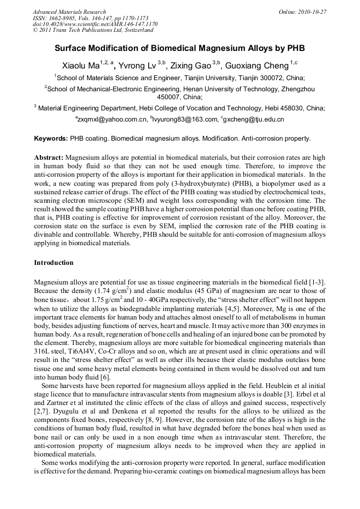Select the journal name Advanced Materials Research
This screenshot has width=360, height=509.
coord(69,12)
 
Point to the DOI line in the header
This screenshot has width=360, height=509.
coord(95,24)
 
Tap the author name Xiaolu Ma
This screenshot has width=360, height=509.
coord(81,66)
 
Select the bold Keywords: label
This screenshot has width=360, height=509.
coord(51,139)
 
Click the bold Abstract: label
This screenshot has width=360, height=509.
coord(49,158)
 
